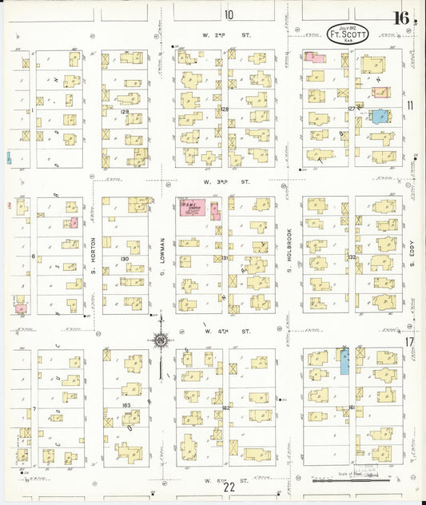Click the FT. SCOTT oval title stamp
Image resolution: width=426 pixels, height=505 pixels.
(348, 34)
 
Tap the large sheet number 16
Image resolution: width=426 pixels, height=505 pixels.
(402, 18)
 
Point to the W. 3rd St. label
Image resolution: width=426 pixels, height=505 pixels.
(216, 182)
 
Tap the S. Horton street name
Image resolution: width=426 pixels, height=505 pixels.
(93, 252)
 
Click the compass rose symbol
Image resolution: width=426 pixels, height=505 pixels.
(160, 341)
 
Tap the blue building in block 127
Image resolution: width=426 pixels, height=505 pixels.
(380, 116)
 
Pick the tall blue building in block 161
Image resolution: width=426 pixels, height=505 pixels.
(344, 361)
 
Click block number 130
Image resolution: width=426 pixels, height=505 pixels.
(124, 260)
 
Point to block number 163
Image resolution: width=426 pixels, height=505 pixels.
(125, 407)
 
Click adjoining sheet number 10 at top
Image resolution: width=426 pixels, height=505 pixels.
(229, 14)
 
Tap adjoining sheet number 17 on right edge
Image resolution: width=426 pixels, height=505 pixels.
(408, 342)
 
